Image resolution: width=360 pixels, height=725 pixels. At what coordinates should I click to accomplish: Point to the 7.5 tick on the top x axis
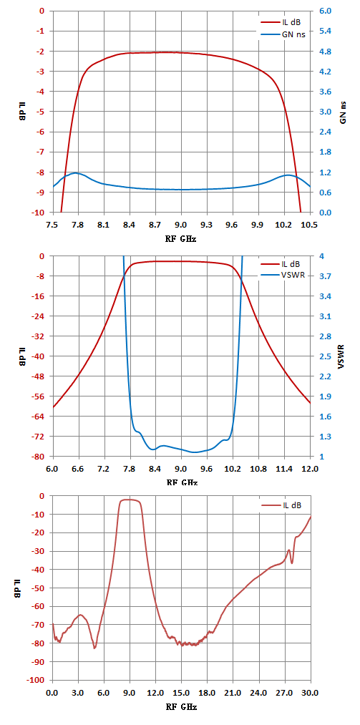tap(53, 225)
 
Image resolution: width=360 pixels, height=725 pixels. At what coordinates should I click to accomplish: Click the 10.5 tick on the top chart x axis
tap(310, 225)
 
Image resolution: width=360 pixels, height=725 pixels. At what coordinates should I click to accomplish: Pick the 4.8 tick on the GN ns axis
tap(326, 52)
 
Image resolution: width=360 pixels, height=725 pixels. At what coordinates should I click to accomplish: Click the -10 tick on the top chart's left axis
tap(41, 213)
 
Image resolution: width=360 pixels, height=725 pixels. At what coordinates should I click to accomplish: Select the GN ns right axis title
tap(343, 112)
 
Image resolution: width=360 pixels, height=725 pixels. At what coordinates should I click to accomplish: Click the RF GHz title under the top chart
tap(181, 239)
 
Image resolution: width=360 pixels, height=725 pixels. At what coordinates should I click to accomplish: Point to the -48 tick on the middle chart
tap(41, 376)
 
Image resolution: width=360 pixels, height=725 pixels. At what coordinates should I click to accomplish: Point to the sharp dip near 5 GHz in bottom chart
tap(94, 648)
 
